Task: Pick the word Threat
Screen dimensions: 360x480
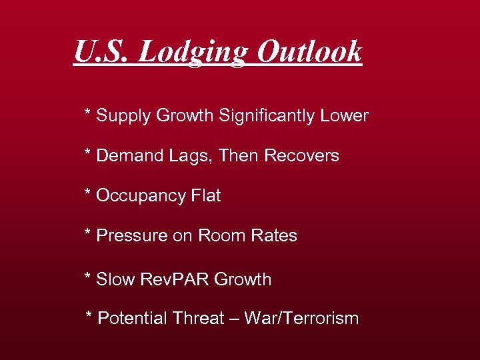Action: tap(197, 318)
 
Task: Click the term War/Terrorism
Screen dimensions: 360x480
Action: tap(301, 318)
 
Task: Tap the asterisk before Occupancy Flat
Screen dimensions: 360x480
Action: tap(87, 193)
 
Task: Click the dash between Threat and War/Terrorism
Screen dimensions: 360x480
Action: tap(234, 319)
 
